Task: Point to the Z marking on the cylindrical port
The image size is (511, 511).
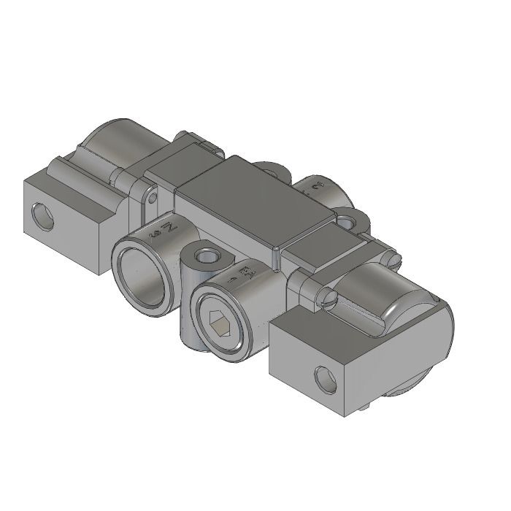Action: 164,231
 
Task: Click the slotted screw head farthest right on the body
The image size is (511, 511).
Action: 394,256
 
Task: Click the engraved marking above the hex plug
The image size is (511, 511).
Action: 242,276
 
